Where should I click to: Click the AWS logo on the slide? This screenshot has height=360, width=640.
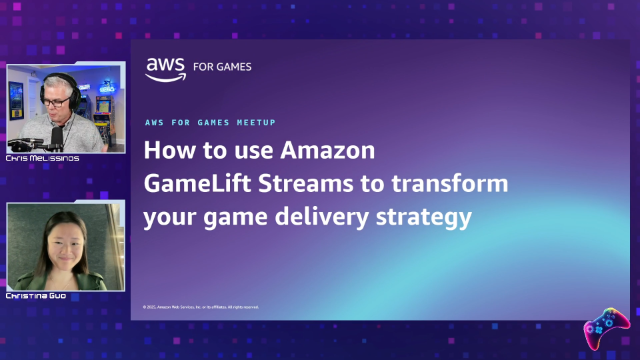[x=165, y=67]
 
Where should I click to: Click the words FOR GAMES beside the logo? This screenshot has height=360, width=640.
[x=221, y=67]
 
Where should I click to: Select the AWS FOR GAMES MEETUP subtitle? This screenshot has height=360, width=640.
[x=211, y=121]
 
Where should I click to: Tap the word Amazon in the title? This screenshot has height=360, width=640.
[x=327, y=152]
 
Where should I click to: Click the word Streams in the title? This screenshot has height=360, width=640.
[x=286, y=184]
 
